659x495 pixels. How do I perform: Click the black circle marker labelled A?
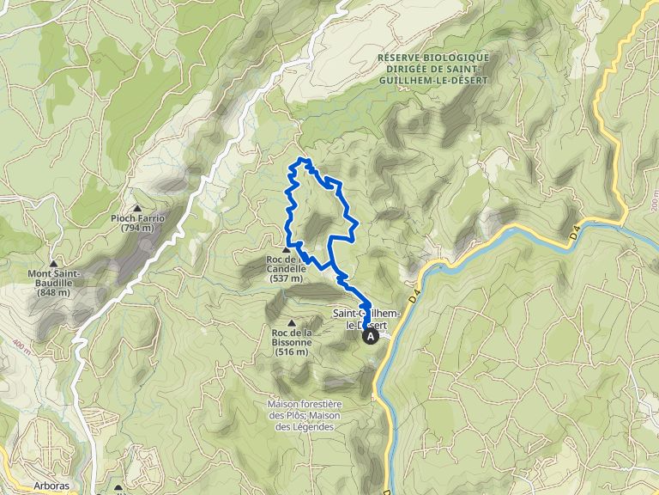(x=372, y=338)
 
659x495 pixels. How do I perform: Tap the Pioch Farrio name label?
(x=137, y=218)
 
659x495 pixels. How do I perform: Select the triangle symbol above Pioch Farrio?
(x=137, y=207)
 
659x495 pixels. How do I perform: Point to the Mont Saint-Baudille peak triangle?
(x=53, y=264)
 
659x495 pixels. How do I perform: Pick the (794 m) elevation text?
(x=137, y=228)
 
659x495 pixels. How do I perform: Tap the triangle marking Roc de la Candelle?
(x=286, y=249)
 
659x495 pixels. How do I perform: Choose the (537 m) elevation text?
(x=286, y=278)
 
